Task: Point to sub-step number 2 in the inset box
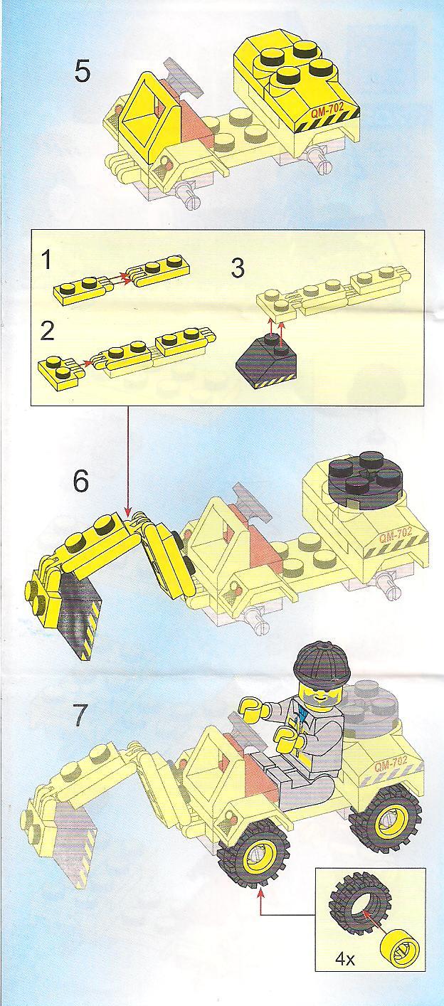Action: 47,332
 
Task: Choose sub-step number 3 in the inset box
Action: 237,268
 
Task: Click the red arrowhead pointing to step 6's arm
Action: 128,512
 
